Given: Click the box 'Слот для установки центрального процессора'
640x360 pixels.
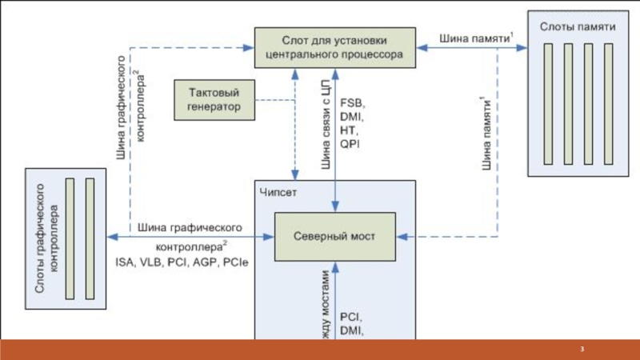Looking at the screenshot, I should click(335, 47).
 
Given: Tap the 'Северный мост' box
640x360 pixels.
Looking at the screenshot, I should click(334, 237).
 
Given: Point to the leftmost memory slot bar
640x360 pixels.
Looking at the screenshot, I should click(549, 100).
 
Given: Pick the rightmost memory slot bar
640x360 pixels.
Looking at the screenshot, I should click(606, 100).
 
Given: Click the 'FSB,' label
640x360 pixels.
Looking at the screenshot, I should click(352, 104).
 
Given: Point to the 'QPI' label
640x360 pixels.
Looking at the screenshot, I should click(350, 145).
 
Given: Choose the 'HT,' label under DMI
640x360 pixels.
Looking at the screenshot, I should click(349, 131).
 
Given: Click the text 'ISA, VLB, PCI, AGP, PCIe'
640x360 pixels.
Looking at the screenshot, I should click(182, 262).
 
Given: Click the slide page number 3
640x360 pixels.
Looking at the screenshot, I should click(583, 350).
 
